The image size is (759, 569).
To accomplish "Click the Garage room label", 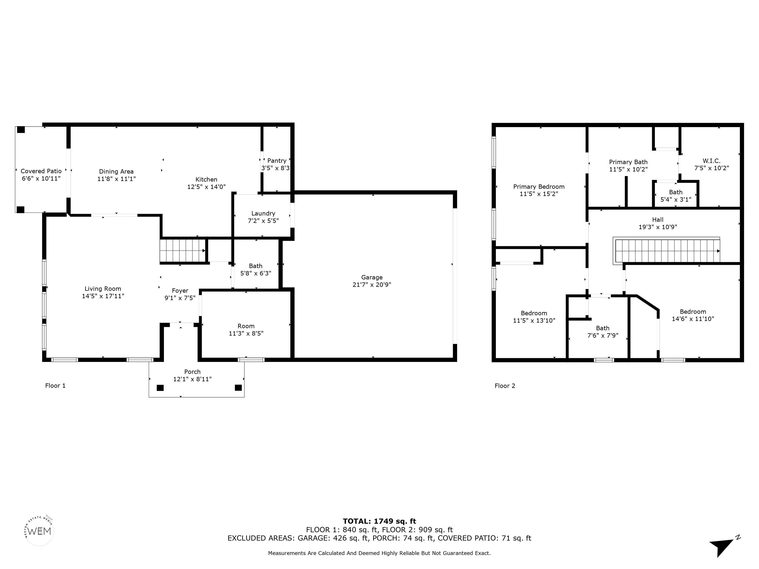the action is [372, 277].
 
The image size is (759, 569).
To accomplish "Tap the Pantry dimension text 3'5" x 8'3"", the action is [275, 168].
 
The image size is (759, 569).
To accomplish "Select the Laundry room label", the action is [263, 213].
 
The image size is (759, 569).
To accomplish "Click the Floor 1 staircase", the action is [183, 250].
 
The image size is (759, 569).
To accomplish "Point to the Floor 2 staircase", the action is [666, 251].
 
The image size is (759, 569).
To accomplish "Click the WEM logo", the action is [40, 531].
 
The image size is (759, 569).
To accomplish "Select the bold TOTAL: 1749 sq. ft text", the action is [379, 521].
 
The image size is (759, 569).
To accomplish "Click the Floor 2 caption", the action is [505, 386].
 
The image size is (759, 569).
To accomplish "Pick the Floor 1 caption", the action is [55, 386].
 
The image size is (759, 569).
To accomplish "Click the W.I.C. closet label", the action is [711, 161].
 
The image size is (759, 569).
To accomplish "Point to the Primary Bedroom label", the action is [539, 187].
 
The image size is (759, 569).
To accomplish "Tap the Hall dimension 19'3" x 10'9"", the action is [657, 227].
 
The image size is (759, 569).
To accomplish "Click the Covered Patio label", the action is [41, 171].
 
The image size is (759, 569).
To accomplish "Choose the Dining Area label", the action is [116, 171].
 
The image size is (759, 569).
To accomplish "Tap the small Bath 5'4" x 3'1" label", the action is [676, 196].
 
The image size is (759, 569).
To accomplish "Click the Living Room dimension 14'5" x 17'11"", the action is [103, 296].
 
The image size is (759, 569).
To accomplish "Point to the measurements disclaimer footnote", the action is [379, 553].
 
